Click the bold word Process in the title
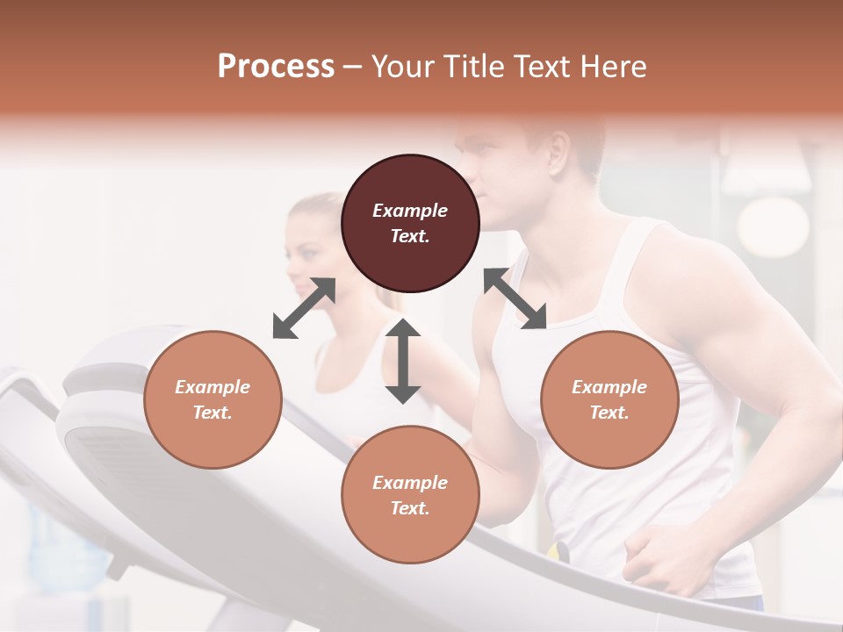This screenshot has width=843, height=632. pyautogui.click(x=276, y=67)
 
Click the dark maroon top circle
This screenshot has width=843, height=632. pyautogui.click(x=410, y=223)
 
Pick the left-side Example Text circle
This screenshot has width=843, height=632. pyautogui.click(x=213, y=399)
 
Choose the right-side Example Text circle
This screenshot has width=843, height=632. pyautogui.click(x=609, y=399)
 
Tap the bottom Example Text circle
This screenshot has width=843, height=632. pyautogui.click(x=410, y=495)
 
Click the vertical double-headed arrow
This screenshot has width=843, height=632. pyautogui.click(x=403, y=361)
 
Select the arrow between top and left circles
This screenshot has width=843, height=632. pyautogui.click(x=304, y=308)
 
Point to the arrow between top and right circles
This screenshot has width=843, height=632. pyautogui.click(x=515, y=298)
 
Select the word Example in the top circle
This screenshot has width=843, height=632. pyautogui.click(x=410, y=211)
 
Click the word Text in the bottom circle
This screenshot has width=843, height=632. pyautogui.click(x=410, y=508)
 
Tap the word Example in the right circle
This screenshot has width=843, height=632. pyautogui.click(x=609, y=387)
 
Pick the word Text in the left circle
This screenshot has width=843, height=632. pyautogui.click(x=213, y=413)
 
